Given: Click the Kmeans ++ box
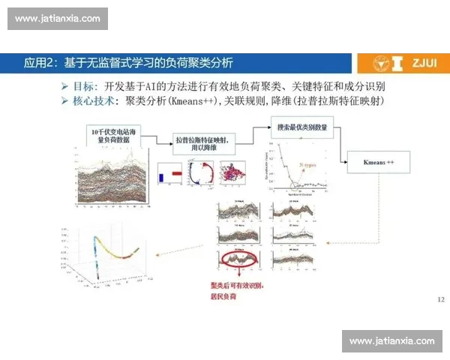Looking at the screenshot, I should coord(378,161).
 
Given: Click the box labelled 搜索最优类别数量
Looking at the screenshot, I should coord(300,127).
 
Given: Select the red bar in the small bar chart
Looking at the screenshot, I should coord(177,172).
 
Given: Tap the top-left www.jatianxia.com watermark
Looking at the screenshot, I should coord(57,19).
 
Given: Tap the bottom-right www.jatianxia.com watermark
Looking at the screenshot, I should coord(392,341).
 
